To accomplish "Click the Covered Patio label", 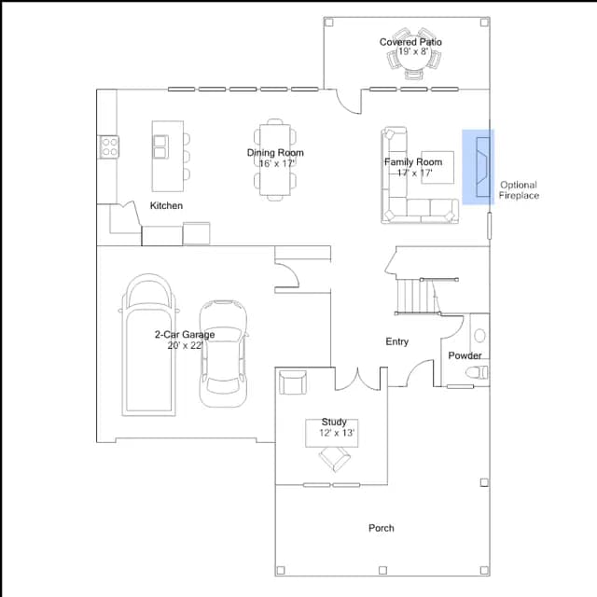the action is (x=410, y=42).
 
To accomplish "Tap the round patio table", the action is (x=413, y=53).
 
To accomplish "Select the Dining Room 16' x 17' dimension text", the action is (x=276, y=164).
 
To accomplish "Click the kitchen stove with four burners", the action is (x=109, y=147).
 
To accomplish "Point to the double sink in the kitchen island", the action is (x=160, y=146).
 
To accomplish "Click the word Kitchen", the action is (x=166, y=205).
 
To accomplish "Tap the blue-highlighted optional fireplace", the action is (x=479, y=167).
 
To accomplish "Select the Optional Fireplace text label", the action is (x=519, y=190).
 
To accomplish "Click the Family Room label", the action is (x=413, y=162).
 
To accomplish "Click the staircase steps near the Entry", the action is (x=418, y=297).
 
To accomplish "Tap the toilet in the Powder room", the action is (x=477, y=372).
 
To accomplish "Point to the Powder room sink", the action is (x=479, y=336).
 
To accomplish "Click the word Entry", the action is (x=397, y=341).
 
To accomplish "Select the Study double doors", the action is (x=357, y=380).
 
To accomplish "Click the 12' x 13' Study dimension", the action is (x=337, y=433).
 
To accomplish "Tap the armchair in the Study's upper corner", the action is (x=292, y=382).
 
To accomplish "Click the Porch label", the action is (x=382, y=528).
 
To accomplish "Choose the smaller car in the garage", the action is (x=224, y=354).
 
